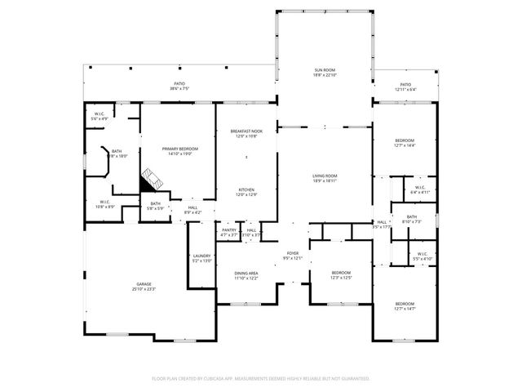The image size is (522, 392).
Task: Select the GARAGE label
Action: (120, 284)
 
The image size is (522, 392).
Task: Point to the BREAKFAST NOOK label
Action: (246, 131)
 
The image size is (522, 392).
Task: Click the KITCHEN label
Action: (246, 189)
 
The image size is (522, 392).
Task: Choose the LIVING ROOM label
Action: (325, 176)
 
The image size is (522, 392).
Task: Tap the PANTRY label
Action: (229, 230)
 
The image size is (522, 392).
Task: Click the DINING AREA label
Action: (246, 273)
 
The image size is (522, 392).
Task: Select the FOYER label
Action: (292, 254)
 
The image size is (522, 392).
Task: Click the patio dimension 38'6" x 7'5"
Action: (179, 89)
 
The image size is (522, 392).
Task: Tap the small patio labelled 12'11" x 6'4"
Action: (405, 89)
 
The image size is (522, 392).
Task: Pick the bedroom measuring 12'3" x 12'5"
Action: (340, 277)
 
